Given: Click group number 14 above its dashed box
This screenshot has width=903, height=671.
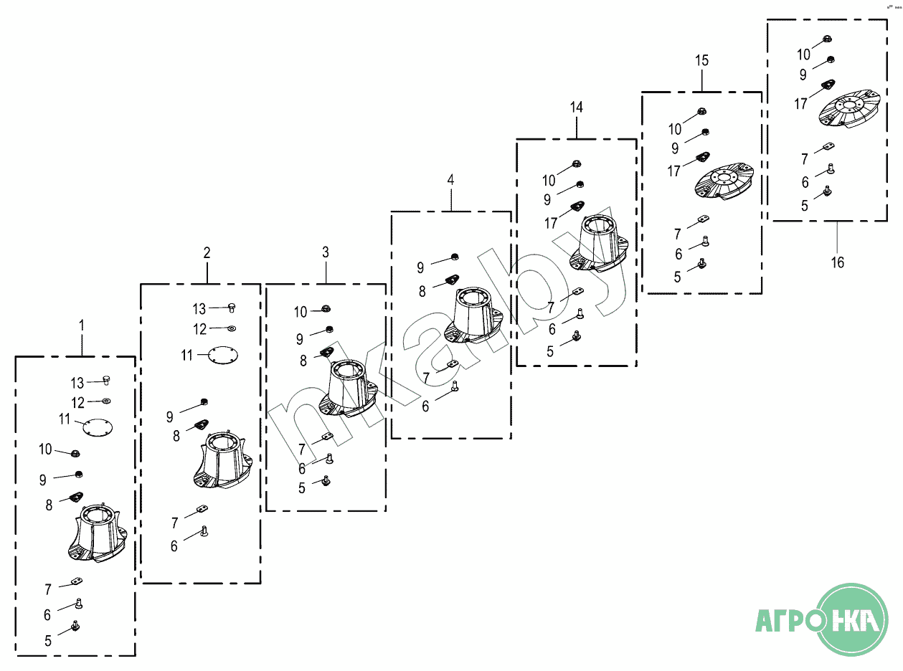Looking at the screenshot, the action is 576,108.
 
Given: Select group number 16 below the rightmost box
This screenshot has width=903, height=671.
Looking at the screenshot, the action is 837,262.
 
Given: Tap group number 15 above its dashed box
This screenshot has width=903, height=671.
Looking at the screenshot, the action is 701,61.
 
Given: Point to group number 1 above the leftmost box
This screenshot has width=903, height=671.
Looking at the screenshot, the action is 82,325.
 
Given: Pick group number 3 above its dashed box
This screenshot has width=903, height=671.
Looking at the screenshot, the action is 326,252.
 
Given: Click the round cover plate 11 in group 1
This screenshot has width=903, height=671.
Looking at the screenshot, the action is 98,428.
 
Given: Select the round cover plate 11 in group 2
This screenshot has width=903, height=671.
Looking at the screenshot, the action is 222,356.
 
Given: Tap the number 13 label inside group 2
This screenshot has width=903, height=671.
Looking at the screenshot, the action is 199,309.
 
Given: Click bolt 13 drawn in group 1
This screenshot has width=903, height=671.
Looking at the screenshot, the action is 105,381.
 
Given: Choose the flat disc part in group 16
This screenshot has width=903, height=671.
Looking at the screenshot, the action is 849,110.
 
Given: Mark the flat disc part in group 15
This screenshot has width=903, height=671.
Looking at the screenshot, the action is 724,182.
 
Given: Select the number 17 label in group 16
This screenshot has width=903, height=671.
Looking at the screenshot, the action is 800,104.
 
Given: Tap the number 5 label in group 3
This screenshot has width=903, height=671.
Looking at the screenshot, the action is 301,488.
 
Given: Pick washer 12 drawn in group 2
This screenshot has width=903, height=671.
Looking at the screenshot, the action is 232,328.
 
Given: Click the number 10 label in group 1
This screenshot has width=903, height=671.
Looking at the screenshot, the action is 45,449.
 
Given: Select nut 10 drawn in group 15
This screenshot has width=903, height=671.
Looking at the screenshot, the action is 701,111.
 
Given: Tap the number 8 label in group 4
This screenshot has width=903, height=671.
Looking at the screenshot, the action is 422,291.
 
